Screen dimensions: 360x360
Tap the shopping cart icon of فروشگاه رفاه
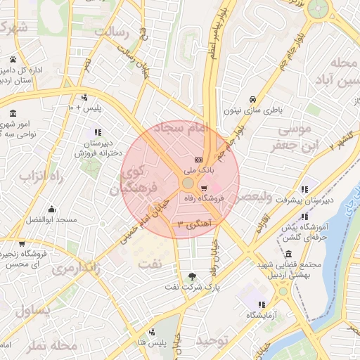pos(204,188)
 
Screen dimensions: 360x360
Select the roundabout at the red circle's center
pos(188,183)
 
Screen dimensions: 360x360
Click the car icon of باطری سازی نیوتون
pos(252,99)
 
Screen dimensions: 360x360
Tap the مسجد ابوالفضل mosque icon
pos(51,209)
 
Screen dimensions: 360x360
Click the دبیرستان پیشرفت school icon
pos(304,189)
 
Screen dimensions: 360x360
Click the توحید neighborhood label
pos(213,340)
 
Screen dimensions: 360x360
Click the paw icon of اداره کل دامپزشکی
pos(13,59)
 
